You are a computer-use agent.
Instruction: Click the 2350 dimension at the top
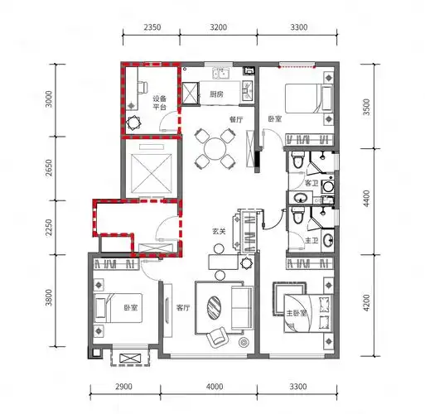pos(152,27)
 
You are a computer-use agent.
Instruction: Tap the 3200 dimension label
pos(219,27)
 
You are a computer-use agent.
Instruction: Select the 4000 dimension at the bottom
pos(215,386)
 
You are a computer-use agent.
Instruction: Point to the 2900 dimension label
pos(123,386)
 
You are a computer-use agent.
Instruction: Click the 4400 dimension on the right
pos(367,198)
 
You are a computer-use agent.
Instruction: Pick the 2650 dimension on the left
pos(49,167)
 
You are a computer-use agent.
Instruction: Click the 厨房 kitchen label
pos(216,94)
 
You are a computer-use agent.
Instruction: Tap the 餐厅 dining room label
pos(236,119)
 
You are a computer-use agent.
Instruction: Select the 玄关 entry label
pos(219,231)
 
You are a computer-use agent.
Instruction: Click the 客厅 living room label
pos(183,307)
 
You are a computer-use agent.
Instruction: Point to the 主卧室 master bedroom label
pos(297,313)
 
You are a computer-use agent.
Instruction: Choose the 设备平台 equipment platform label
pos(160,103)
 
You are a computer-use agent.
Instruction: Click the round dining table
pos(215,149)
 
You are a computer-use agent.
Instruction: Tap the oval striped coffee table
pos(214,307)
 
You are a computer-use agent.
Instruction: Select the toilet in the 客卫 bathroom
pos(297,160)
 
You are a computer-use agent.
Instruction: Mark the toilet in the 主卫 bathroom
pos(297,215)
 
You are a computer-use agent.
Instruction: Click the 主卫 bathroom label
pos(312,241)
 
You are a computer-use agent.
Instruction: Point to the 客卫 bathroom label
pos(312,183)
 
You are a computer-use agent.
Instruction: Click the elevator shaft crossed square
pos(151,175)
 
